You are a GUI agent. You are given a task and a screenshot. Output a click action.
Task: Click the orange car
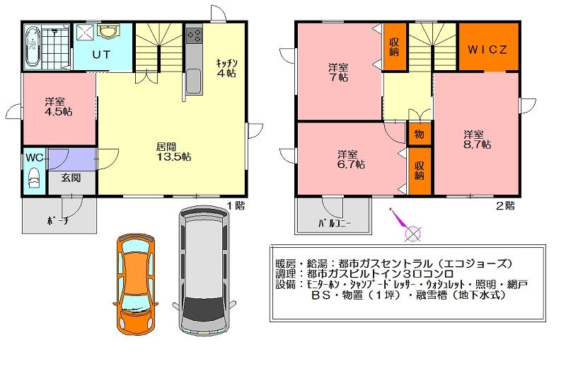tap(135, 285)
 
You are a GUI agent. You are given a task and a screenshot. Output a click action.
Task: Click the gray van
tap(204, 271)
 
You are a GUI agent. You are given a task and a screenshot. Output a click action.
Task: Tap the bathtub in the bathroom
tap(33, 47)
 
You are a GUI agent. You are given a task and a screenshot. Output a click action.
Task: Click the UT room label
tap(101, 55)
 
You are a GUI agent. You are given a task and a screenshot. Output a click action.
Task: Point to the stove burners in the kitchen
tap(194, 35)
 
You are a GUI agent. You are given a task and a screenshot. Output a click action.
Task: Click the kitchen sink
tap(194, 81)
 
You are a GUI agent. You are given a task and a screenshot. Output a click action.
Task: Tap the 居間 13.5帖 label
tap(173, 152)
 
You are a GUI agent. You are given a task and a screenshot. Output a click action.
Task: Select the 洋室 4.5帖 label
tap(59, 106)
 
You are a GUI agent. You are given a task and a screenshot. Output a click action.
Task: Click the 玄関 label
tap(71, 178)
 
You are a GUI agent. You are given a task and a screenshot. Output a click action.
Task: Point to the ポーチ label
tap(58, 220)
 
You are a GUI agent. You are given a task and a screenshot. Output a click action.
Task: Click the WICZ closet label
tap(487, 50)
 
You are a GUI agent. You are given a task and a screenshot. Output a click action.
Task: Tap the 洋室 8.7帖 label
tap(477, 140)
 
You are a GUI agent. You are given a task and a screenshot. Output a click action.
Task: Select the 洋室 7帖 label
tap(338, 72)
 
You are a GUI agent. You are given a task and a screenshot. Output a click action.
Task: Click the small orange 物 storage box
tap(419, 135)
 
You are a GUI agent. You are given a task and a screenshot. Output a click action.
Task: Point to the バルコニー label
tap(335, 223)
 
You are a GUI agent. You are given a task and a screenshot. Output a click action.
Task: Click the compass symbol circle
tap(413, 234)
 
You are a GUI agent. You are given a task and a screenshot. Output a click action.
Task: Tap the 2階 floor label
tap(505, 206)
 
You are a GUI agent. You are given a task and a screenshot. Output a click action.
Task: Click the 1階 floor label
tap(236, 205)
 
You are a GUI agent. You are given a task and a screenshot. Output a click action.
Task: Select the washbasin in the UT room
tap(107, 32)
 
